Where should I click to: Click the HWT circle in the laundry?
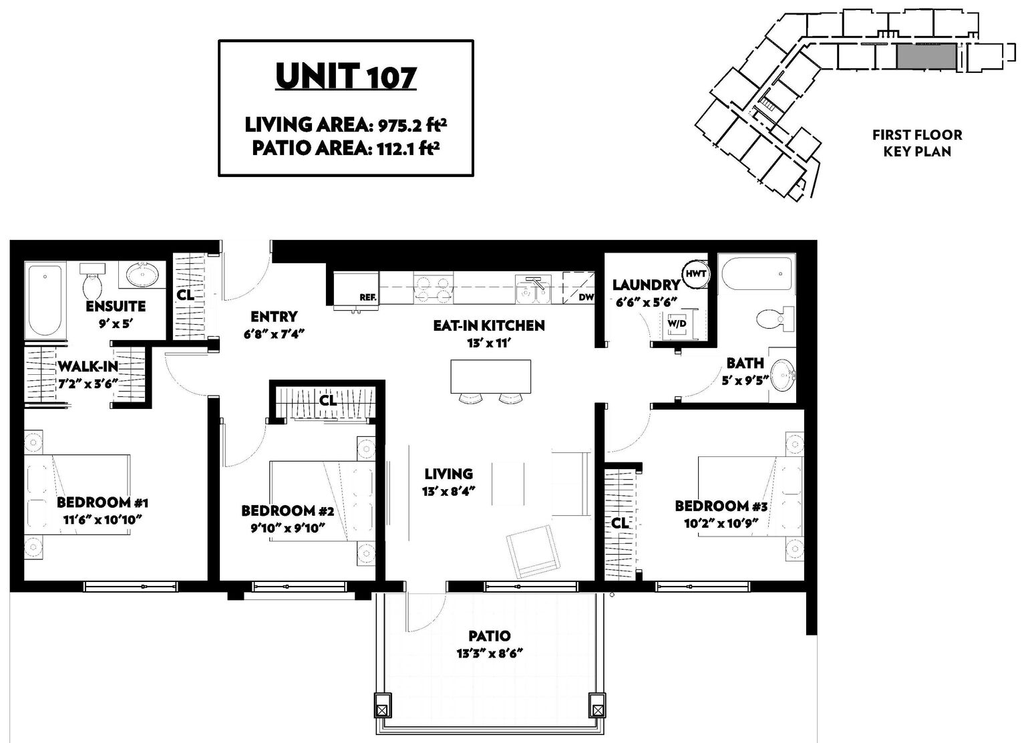pos(695,275)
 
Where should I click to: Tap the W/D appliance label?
pos(677,323)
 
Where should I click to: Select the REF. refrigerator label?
pos(367,297)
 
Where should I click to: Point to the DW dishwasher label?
pos(586,297)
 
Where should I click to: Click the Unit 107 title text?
pos(346,76)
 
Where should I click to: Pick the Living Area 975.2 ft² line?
pos(346,125)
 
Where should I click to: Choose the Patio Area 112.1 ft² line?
pos(346,148)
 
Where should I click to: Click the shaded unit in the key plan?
pos(926,57)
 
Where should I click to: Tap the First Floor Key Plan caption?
pos(917,143)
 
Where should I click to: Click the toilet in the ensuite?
pos(92,281)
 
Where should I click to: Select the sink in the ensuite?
pos(142,275)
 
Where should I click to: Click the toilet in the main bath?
pos(776,319)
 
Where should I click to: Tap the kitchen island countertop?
pos(490,376)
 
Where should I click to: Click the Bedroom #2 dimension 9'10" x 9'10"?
pos(287,528)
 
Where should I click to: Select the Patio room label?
pos(489,635)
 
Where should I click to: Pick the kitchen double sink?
pos(534,289)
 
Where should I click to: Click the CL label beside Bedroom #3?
pos(619,523)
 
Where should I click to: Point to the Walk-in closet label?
pos(88,366)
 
